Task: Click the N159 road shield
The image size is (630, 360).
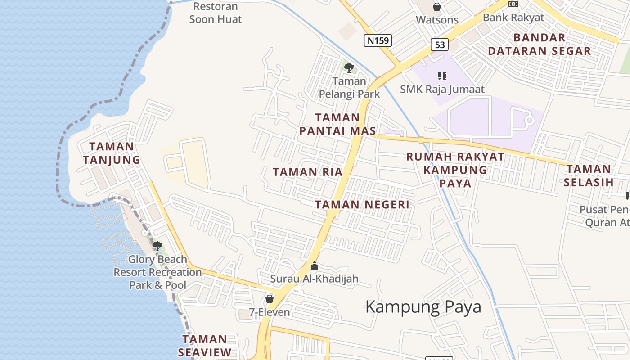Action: tap(378, 41)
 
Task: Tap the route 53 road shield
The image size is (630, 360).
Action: tap(440, 45)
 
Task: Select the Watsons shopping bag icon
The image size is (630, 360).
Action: tap(436, 7)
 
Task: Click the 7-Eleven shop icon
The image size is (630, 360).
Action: tap(270, 299)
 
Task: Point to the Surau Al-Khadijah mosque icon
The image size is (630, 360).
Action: tap(315, 266)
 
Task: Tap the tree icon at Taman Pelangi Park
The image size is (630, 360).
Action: tap(349, 68)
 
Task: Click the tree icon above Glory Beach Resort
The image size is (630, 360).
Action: tap(157, 246)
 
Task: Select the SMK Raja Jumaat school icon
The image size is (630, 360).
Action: tap(442, 76)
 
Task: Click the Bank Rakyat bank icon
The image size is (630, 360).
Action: tap(513, 4)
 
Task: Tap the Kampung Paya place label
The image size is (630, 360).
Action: tap(423, 307)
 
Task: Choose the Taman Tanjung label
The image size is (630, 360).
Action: tap(112, 153)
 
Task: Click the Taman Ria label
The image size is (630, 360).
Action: tap(308, 172)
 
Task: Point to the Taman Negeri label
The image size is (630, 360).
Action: tap(362, 205)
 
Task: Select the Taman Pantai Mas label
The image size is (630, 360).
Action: tap(337, 124)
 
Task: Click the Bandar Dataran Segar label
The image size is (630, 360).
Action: tap(539, 44)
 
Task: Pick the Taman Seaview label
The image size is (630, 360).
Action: tap(205, 346)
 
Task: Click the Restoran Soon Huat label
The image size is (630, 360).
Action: tap(216, 13)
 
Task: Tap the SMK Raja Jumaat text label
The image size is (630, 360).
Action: tap(442, 89)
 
